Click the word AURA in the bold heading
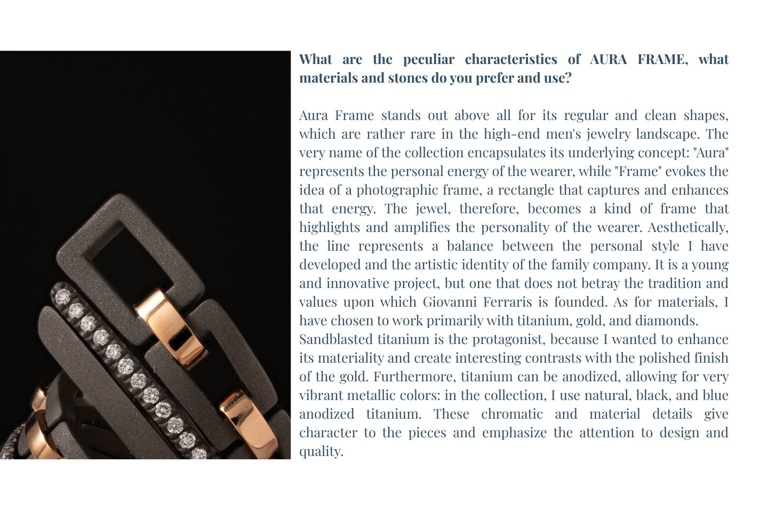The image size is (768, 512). coord(608,59)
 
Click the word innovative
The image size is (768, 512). coord(362,283)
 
